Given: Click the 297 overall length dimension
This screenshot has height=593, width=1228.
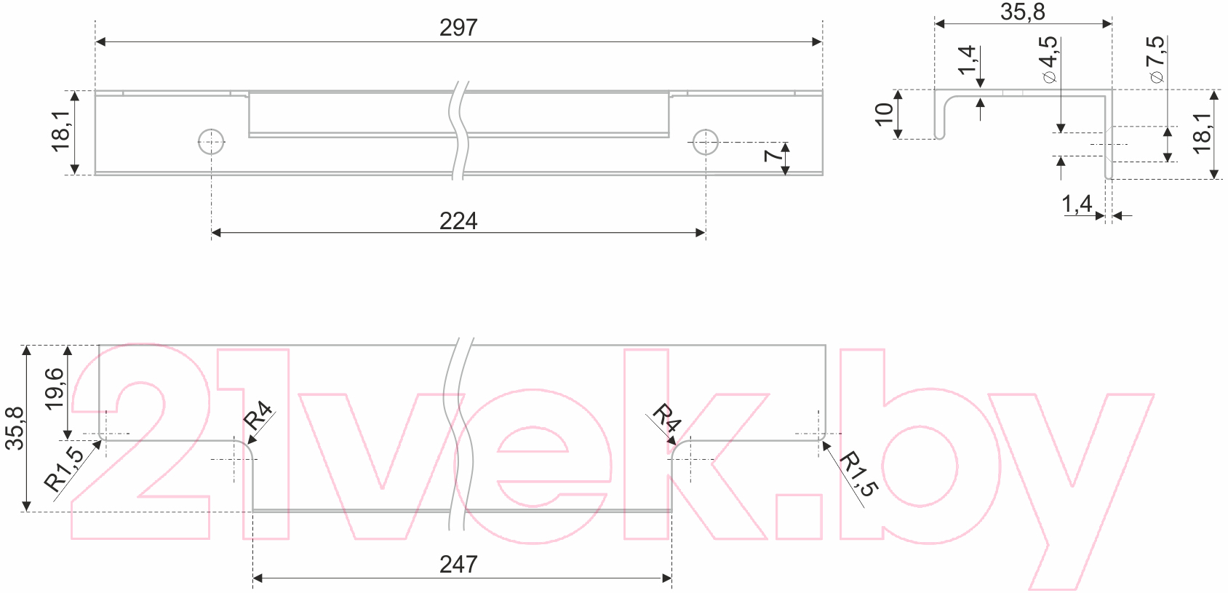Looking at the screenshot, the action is click(x=458, y=28).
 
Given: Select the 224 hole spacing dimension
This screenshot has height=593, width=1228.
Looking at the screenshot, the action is click(x=458, y=221).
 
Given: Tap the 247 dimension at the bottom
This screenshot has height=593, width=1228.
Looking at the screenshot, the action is click(x=458, y=565).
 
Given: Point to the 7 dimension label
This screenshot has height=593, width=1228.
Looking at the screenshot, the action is click(x=773, y=156).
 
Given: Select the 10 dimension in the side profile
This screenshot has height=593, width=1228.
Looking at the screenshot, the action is click(x=884, y=114).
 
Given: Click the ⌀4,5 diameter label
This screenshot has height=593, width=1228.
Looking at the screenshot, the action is click(x=1049, y=59).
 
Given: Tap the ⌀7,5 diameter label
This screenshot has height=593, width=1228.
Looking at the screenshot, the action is click(x=1156, y=59).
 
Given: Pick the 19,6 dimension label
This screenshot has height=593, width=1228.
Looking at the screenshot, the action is click(x=55, y=389).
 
